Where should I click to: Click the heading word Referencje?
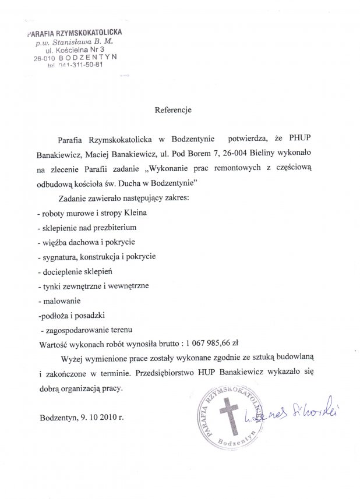172,109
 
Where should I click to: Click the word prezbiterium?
115,227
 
